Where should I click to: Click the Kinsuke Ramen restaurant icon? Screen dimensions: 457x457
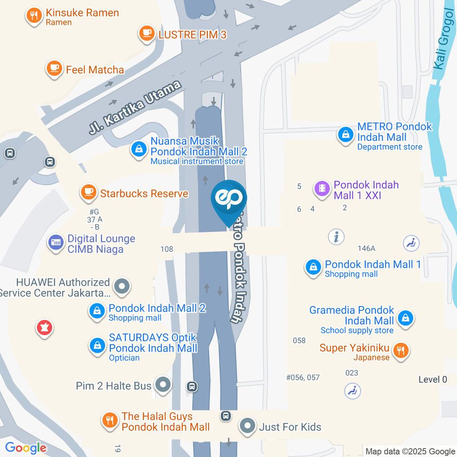point(33,16)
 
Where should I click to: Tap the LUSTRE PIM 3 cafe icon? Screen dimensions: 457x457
point(146,33)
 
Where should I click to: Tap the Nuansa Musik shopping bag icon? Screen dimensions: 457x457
point(138,150)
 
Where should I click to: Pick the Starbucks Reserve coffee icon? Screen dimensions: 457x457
point(88,192)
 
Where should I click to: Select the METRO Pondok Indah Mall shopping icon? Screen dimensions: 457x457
point(345,135)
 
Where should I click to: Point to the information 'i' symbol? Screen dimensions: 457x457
point(336,236)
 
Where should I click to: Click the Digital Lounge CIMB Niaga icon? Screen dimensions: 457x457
point(55,243)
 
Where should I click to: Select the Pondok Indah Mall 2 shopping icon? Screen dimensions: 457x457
point(97,312)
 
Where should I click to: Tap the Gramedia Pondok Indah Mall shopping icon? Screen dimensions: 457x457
point(405,318)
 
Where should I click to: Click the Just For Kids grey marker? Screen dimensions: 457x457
point(248,426)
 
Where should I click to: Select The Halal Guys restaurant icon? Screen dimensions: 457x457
point(110,420)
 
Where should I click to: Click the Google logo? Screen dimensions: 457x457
point(26,447)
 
